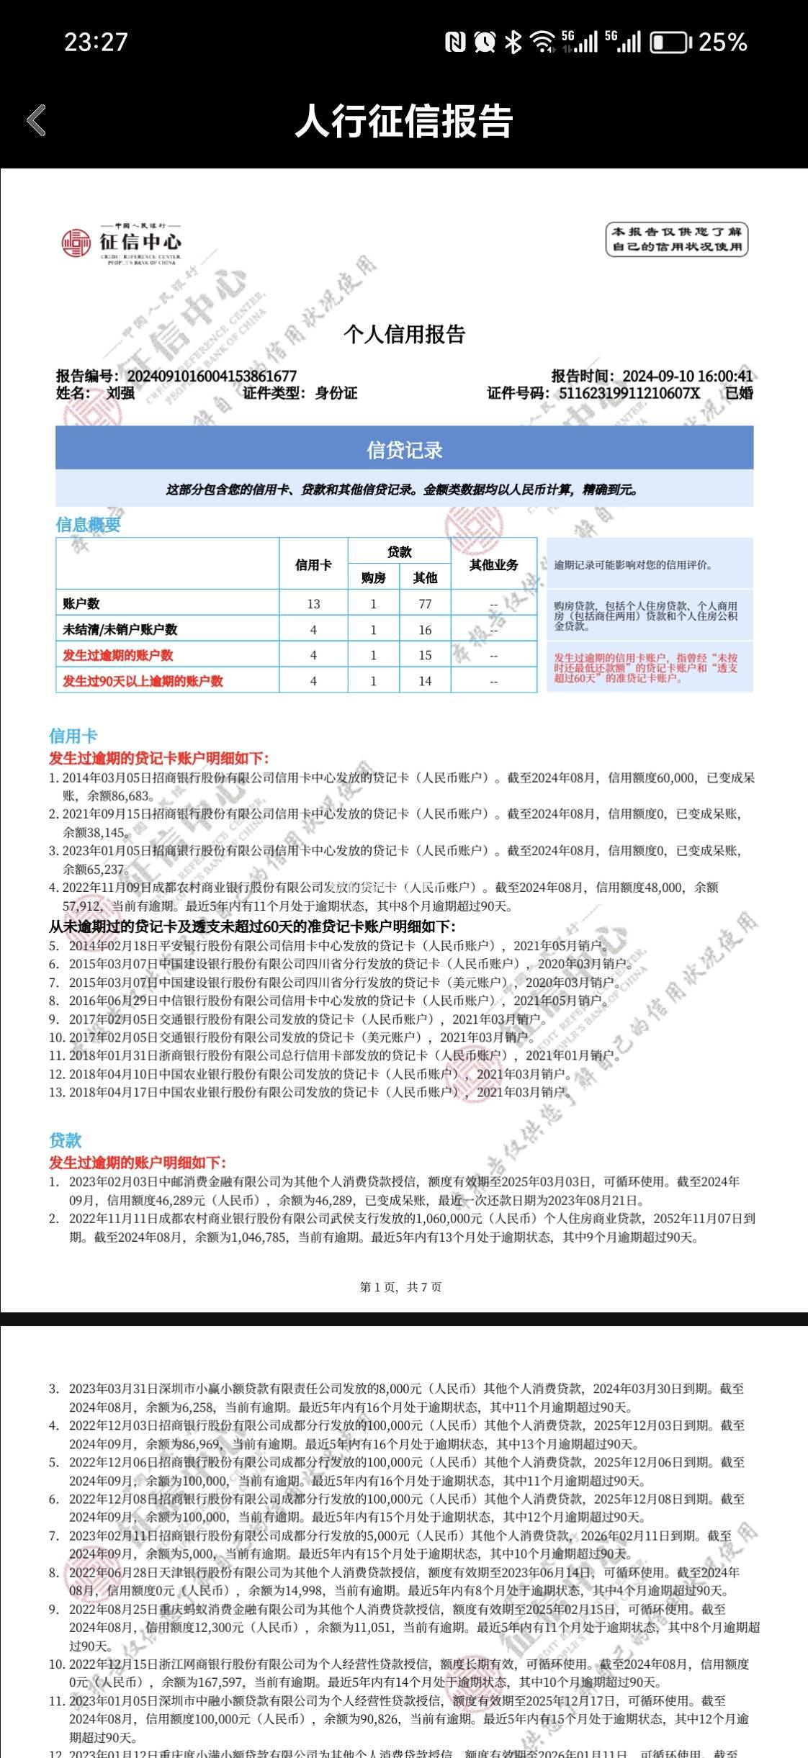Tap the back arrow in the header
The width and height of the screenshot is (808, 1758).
(37, 120)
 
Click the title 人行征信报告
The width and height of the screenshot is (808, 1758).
(404, 121)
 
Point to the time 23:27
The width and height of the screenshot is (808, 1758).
(96, 42)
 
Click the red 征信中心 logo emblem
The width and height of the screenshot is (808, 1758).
(76, 243)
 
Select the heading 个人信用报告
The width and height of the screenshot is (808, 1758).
(404, 334)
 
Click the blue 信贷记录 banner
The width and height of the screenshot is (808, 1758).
(404, 450)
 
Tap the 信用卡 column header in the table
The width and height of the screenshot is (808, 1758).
(313, 564)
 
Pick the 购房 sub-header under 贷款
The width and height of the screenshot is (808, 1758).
(373, 577)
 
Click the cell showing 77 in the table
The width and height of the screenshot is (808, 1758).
(425, 604)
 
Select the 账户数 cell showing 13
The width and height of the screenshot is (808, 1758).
(313, 604)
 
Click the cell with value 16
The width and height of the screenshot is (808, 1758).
(425, 630)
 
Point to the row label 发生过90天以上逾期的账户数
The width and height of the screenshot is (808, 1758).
(143, 681)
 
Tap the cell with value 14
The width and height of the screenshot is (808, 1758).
(425, 681)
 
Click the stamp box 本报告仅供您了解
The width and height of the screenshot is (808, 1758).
(676, 239)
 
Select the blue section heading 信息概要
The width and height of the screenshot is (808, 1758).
(88, 525)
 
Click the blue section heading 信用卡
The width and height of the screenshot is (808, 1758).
(73, 736)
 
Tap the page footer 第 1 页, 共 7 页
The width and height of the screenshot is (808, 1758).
(400, 1286)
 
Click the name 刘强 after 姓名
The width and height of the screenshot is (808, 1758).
(120, 393)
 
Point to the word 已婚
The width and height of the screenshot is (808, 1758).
(738, 393)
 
